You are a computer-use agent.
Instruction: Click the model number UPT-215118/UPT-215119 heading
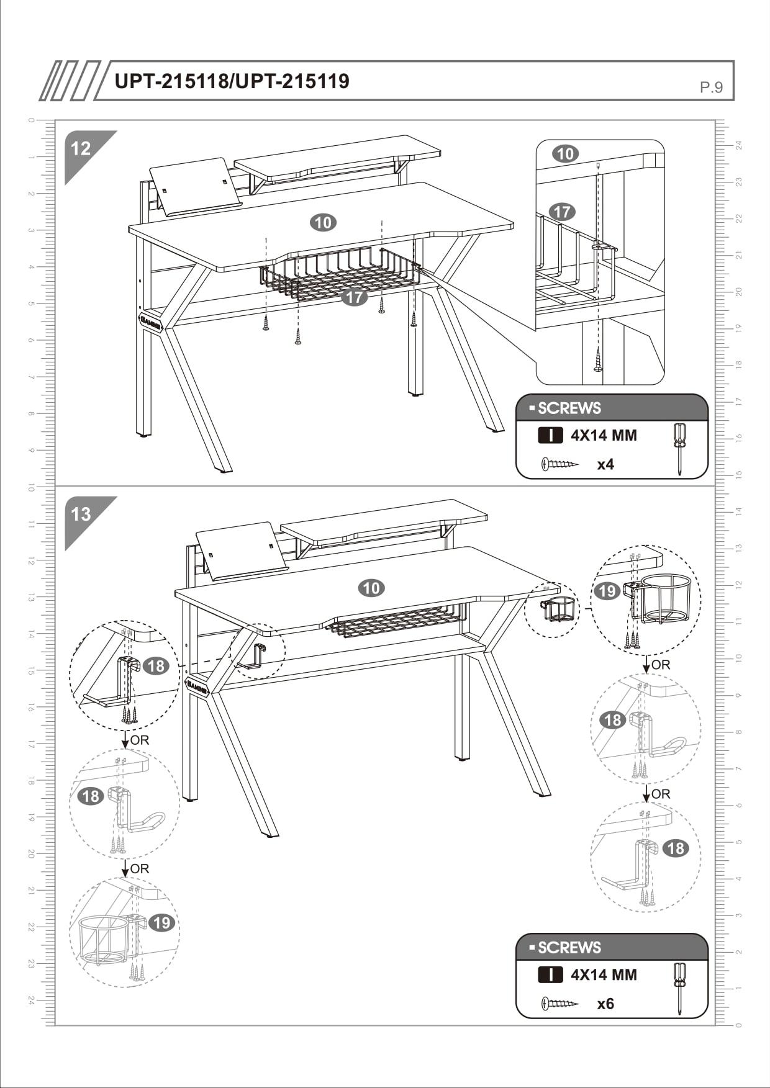(232, 81)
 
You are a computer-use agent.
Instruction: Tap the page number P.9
(711, 88)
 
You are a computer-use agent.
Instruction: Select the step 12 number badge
(81, 149)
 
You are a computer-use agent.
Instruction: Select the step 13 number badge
(81, 515)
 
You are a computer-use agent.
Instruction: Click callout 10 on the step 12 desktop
(323, 222)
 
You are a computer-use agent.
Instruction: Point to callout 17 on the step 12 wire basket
(354, 297)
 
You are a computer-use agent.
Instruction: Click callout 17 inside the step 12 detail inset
(562, 212)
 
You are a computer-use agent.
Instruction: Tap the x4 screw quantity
(605, 465)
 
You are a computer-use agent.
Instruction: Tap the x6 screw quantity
(605, 1004)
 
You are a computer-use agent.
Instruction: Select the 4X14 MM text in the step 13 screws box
(604, 975)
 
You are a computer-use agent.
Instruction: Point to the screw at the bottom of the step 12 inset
(598, 360)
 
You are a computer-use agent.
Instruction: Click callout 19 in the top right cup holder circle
(606, 591)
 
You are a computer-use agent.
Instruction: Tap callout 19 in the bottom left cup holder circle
(161, 923)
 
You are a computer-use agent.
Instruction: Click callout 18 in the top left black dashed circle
(155, 666)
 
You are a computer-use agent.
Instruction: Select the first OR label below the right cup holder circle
(661, 665)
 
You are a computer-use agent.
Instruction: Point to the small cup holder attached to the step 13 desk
(559, 609)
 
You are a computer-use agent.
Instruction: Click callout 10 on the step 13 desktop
(371, 588)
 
